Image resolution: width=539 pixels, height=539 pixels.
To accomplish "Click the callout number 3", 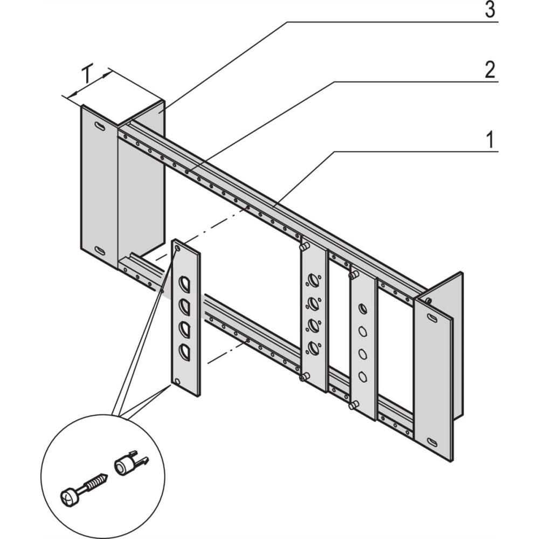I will pos(489,10).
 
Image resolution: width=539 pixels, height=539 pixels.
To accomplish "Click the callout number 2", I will pos(489,71).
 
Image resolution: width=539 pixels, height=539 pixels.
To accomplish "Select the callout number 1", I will pos(489,140).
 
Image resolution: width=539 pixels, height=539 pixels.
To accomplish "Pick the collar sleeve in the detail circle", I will pos(125,464).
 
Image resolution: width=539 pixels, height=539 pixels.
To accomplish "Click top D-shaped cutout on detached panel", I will pos(184,284).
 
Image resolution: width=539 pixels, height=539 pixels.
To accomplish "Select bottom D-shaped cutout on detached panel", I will pos(184,352).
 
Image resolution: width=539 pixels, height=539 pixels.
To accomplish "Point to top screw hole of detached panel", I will pos(178,249).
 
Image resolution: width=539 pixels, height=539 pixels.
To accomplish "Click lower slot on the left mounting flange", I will pos(100,250).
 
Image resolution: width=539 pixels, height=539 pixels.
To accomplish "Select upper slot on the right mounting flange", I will pos(433,317).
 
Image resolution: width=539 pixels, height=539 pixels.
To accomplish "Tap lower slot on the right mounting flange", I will pos(433,441).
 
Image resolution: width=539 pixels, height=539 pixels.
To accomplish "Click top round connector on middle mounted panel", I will pos(313,281).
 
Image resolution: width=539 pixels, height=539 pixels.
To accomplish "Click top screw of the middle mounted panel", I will pos(304,247).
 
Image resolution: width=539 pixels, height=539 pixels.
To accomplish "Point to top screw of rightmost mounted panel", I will pos(353,275).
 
